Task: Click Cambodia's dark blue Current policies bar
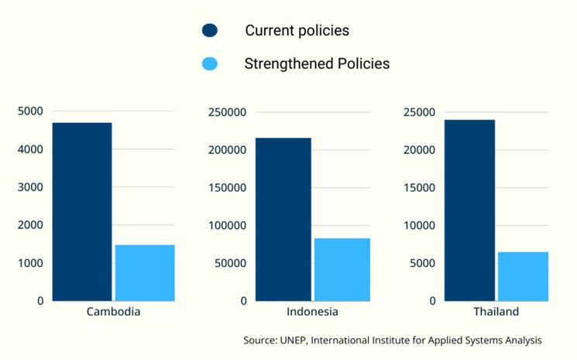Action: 82,211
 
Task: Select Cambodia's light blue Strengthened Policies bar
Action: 145,273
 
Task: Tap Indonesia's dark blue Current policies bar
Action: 283,219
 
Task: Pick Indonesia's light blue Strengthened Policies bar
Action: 342,269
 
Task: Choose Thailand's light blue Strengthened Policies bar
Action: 523,276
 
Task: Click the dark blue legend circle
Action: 210,31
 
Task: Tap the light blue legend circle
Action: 210,63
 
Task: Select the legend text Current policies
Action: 297,31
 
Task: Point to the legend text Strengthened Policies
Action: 317,63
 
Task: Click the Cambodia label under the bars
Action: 113,312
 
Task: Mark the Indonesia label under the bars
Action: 312,312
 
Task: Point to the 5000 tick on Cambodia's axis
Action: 30,111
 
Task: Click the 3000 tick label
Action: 30,187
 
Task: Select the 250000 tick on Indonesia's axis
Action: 228,111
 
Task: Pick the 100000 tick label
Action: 228,225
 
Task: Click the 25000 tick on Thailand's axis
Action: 419,111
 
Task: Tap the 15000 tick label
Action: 419,187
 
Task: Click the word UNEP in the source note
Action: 290,340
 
